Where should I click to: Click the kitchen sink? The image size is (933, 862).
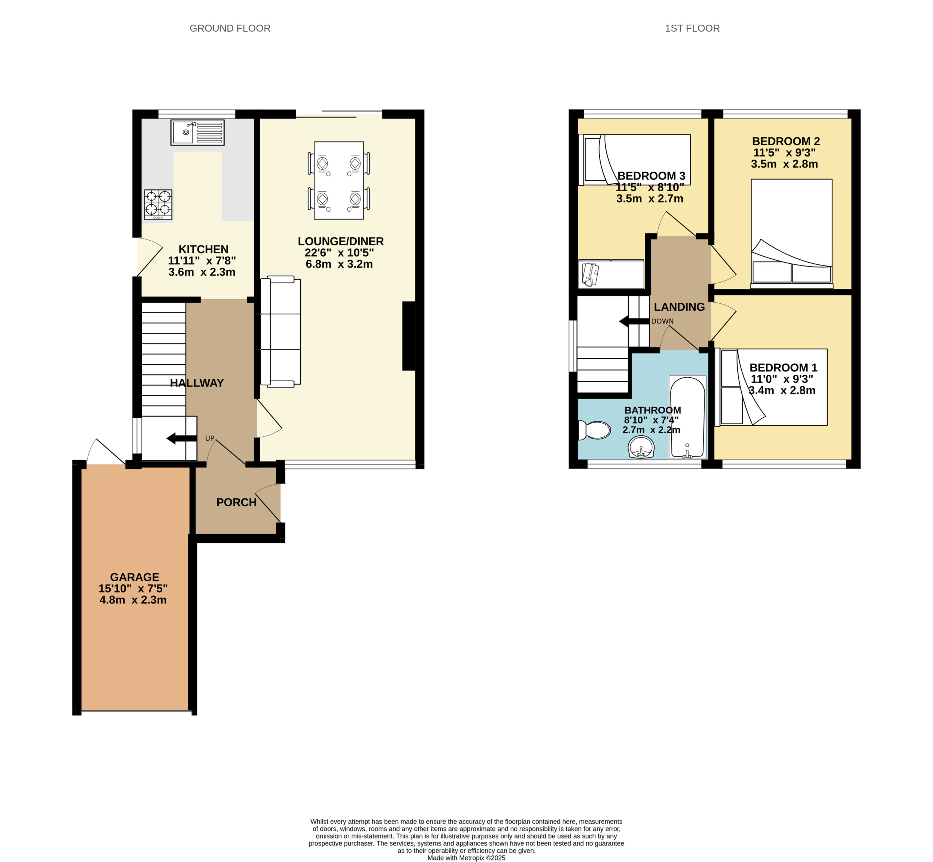click(198, 133)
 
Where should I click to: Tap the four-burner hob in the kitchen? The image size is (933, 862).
click(158, 204)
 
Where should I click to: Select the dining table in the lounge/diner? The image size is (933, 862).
click(339, 181)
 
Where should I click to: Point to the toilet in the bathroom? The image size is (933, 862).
click(594, 430)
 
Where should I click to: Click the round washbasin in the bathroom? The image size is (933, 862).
click(641, 448)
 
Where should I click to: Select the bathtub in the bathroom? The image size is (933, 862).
click(687, 417)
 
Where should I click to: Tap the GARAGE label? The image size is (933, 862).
click(134, 577)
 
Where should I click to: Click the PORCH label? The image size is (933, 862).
click(237, 502)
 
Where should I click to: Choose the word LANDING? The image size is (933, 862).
click(679, 307)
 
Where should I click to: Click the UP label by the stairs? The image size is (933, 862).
click(210, 438)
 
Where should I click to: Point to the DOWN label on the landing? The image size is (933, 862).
click(662, 322)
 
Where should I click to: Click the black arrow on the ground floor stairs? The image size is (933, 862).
click(181, 438)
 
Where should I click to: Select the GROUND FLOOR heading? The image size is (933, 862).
click(230, 28)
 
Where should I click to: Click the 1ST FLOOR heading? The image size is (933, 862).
click(692, 28)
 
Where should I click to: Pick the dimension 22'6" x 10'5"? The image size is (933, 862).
click(339, 253)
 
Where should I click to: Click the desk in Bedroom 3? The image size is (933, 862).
click(611, 274)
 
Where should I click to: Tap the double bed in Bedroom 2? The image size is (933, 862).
click(792, 233)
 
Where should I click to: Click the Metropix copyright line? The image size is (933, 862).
click(466, 858)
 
